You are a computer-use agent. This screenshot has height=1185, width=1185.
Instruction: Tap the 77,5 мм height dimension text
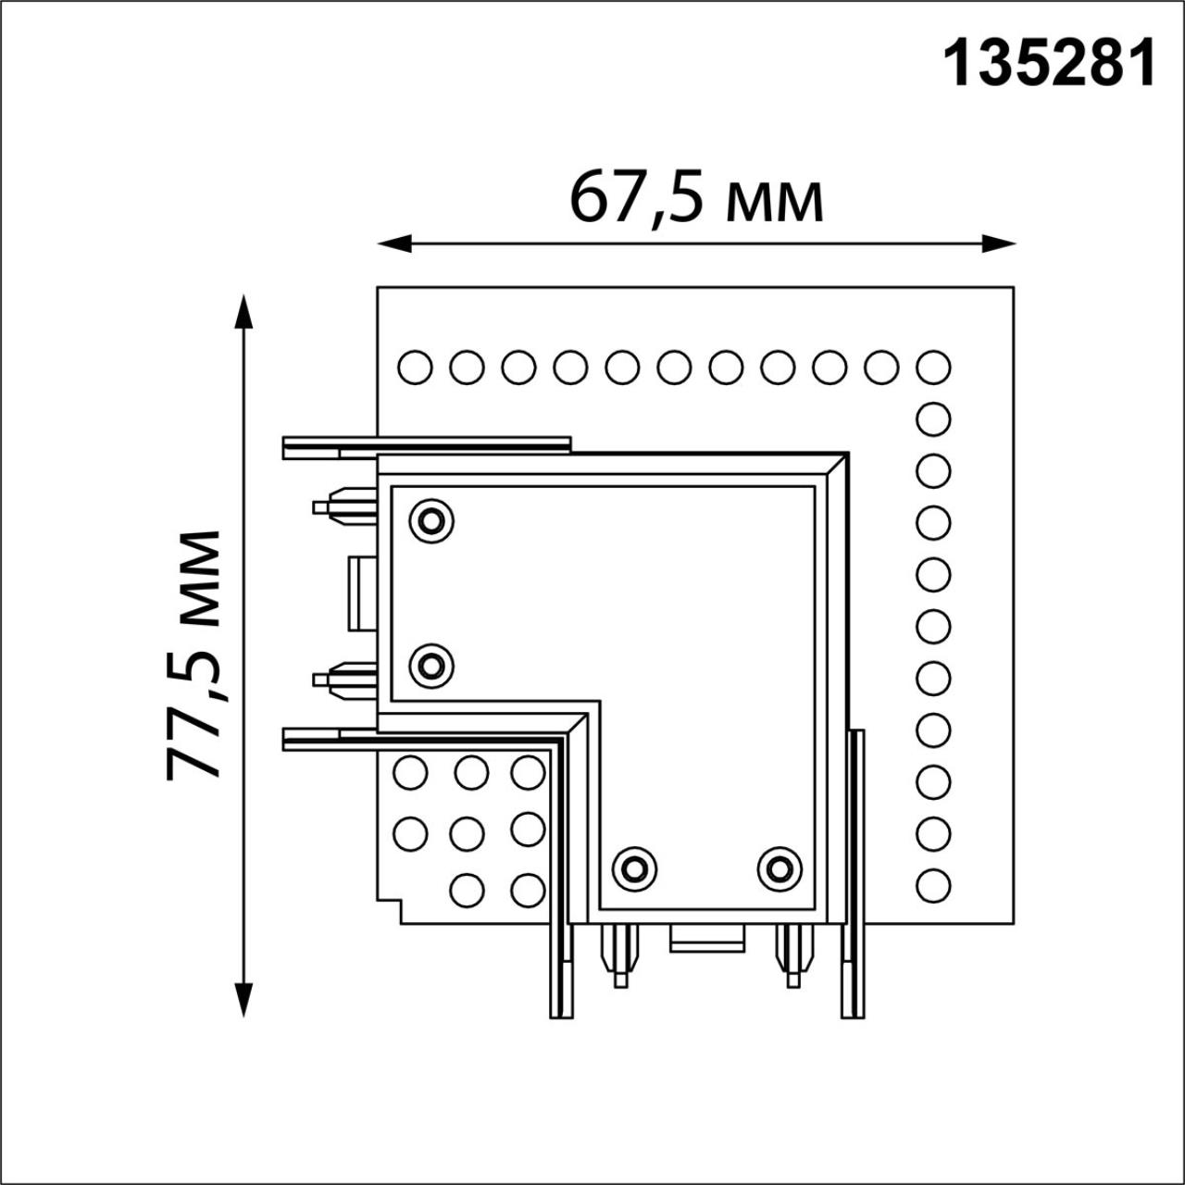click(x=194, y=655)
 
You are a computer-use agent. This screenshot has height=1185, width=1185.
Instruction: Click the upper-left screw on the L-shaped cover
click(x=430, y=521)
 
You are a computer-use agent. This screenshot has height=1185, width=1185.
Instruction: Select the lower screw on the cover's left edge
click(x=430, y=665)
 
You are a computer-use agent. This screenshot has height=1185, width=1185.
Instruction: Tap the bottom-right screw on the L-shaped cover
click(x=780, y=868)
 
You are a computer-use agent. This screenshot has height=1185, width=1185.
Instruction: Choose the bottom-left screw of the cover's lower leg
click(x=634, y=868)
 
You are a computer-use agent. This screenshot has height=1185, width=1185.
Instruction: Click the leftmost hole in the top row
click(x=415, y=368)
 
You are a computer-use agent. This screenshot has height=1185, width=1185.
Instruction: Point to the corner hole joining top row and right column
click(x=933, y=368)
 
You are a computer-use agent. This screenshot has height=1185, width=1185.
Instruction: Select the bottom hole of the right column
click(x=933, y=886)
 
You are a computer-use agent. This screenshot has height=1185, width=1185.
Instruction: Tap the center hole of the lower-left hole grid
click(x=468, y=833)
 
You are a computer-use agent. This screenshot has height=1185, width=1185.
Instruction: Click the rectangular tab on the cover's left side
click(x=362, y=593)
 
